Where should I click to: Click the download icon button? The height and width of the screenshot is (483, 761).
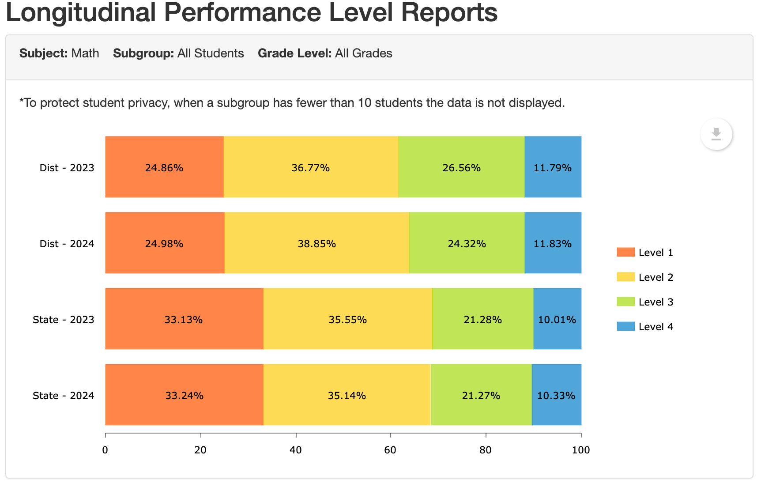tap(716, 134)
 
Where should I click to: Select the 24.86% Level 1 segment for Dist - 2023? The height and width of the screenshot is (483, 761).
tap(164, 167)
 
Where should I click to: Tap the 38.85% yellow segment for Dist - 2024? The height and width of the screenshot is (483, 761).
tap(316, 243)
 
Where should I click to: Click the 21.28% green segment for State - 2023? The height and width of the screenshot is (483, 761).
tap(482, 319)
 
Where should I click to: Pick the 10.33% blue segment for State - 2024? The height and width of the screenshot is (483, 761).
tap(556, 395)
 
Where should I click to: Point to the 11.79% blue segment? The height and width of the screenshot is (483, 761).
tap(553, 167)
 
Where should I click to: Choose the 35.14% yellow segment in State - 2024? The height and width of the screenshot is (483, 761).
tap(347, 395)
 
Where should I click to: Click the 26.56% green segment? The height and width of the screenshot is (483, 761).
tap(461, 167)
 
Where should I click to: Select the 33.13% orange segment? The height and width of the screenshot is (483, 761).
tap(184, 319)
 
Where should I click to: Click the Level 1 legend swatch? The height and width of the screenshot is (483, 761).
tap(625, 252)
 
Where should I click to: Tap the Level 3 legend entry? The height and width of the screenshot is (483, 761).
tap(656, 302)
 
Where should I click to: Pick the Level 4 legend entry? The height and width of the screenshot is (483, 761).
tap(656, 327)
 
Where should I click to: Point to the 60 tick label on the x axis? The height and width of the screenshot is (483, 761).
tap(390, 450)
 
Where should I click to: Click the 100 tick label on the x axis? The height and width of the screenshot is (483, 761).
tap(581, 450)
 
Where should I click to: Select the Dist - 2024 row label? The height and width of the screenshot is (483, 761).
tap(67, 244)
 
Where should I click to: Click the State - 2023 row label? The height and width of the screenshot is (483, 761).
tap(64, 320)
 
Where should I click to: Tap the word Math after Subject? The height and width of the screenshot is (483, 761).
tap(85, 53)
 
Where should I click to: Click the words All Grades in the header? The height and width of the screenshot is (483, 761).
tap(363, 53)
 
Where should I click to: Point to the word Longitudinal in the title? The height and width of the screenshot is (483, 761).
tap(80, 12)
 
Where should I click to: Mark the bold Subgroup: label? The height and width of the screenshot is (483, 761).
tap(143, 53)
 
